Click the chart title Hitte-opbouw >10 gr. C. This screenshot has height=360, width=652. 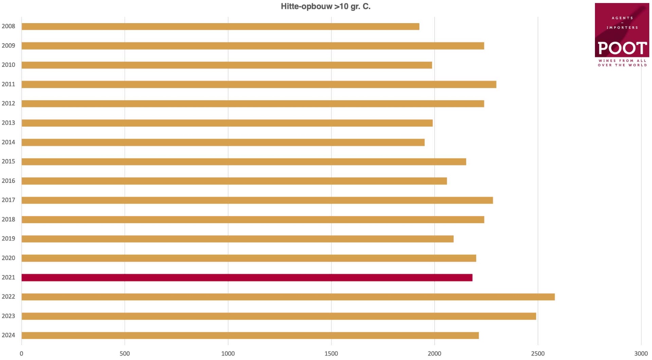325,6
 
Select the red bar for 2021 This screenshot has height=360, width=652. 247,277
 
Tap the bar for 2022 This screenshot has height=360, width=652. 288,297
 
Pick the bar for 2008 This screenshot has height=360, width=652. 220,26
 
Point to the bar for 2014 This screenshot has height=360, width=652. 223,142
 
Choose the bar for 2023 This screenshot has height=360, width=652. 279,316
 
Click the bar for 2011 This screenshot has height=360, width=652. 259,84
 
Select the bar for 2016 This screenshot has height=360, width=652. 234,181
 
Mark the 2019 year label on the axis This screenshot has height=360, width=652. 8,239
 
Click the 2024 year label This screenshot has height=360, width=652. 8,335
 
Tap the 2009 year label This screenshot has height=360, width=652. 8,46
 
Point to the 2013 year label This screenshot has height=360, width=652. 8,123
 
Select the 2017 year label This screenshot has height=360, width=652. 8,200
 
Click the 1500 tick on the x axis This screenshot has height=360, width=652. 331,354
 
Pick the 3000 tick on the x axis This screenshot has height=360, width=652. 641,354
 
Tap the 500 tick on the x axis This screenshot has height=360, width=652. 125,354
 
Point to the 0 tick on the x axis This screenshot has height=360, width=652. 21,354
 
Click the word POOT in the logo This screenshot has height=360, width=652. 622,48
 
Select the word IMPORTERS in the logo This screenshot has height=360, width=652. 622,28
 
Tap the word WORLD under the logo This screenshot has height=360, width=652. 638,65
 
